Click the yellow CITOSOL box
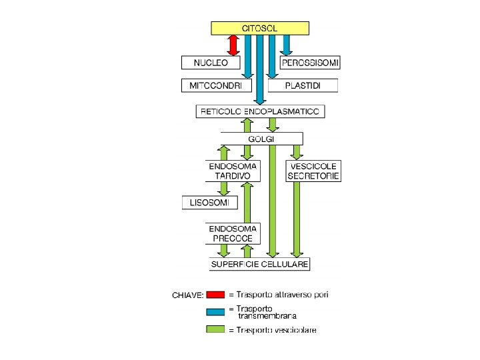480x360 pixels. point(260,28)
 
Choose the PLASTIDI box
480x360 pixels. point(303,85)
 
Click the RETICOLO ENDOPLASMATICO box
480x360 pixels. point(260,111)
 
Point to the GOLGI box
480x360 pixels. point(261,139)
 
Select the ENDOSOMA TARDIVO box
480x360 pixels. point(233,171)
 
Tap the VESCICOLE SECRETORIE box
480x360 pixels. point(313,171)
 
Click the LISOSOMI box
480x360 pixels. point(209,203)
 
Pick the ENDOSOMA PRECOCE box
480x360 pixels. point(233,233)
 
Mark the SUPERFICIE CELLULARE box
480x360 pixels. point(259,265)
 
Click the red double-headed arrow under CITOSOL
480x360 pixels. point(233,45)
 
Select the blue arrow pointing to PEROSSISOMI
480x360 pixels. point(287,45)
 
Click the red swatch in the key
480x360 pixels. point(215,294)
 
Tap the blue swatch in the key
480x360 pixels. point(215,311)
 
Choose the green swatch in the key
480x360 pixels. point(215,329)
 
